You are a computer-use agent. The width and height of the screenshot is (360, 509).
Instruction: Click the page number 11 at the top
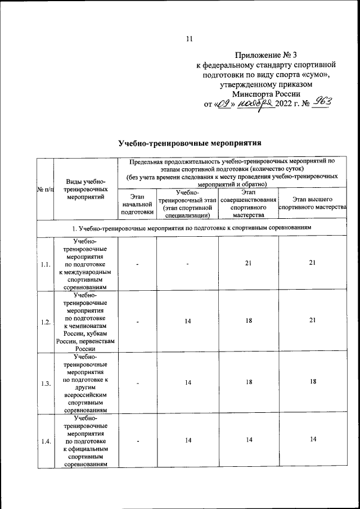[x=188, y=39]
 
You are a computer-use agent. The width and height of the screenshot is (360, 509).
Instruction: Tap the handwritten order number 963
[x=323, y=103]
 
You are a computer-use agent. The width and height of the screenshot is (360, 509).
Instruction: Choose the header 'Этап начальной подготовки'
[x=137, y=205]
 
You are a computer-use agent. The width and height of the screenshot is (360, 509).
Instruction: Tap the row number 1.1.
[x=46, y=265]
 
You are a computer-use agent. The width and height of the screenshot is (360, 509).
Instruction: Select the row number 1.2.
[x=46, y=322]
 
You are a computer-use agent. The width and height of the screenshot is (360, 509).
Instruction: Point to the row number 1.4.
[x=46, y=441]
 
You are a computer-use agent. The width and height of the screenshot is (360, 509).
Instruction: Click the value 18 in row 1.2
[x=247, y=320]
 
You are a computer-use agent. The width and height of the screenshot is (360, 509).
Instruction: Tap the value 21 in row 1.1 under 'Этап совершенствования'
[x=247, y=263]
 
